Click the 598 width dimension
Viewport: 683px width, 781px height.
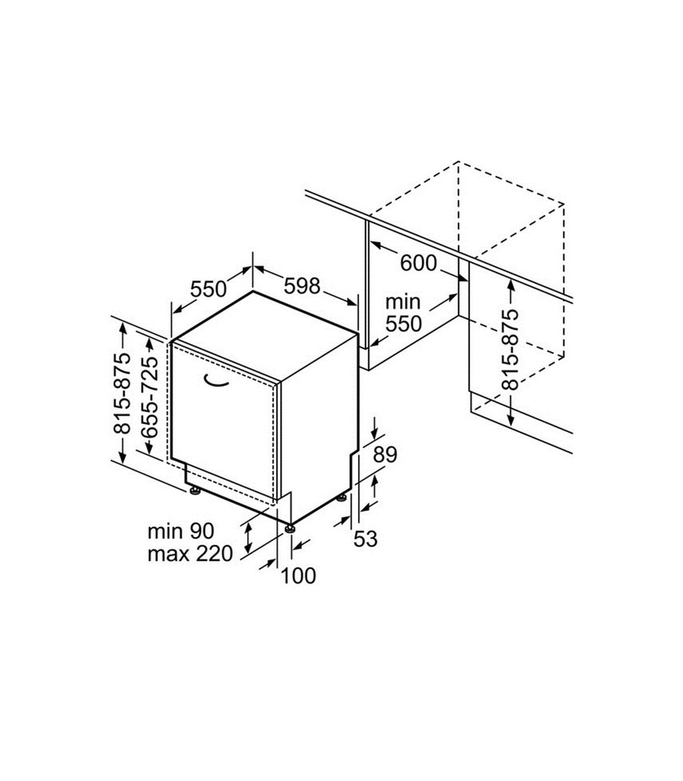coord(302,286)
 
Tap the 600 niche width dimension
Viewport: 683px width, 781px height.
coord(418,264)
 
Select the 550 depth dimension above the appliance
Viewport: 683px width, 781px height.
coord(208,289)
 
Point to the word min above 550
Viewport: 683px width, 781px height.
coord(403,302)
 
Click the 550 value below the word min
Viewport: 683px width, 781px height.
coord(404,324)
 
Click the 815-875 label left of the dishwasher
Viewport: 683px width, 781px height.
coord(122,394)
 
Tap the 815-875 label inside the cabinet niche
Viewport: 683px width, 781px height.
coord(510,350)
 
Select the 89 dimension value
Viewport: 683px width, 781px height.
coord(385,455)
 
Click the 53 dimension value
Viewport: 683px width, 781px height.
coord(365,539)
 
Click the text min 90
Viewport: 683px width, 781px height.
coord(181,531)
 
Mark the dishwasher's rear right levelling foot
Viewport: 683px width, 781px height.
coord(341,498)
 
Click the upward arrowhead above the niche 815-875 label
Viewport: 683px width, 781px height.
coord(511,285)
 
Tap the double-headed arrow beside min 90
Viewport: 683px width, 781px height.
coord(248,538)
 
